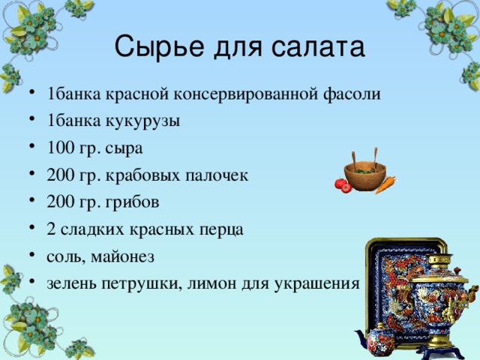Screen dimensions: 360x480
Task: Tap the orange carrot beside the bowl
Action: point(385,183)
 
